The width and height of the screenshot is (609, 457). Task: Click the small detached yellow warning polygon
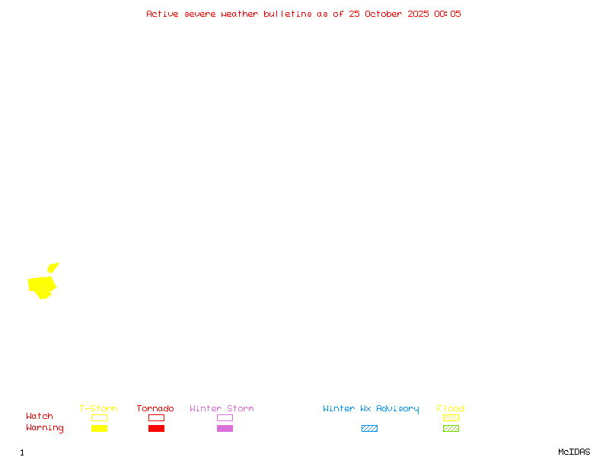53,267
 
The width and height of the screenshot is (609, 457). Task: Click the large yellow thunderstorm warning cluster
42,286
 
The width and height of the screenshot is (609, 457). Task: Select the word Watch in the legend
40,417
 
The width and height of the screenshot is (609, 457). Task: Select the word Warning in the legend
45,428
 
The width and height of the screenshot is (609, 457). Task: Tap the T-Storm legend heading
98,409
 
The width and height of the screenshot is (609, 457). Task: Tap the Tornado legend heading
155,409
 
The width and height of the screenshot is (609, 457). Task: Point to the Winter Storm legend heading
222,409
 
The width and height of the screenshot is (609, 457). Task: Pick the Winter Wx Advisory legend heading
371,409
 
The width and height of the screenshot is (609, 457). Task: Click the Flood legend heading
451,409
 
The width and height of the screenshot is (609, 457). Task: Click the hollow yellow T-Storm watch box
99,417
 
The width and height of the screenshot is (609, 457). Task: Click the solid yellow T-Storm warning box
99,428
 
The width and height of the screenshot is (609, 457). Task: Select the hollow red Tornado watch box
156,417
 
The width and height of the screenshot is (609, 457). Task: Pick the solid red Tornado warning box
156,428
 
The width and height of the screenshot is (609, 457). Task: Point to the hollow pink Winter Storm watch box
225,417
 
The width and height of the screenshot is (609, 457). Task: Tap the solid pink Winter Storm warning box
225,428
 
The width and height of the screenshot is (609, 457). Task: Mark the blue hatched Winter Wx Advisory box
369,428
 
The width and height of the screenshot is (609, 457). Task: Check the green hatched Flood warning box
451,428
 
